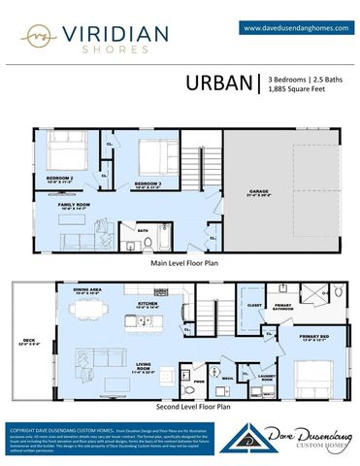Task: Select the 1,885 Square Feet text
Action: (x=296, y=89)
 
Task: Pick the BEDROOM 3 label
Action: (x=147, y=183)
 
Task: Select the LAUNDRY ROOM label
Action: (x=268, y=378)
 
